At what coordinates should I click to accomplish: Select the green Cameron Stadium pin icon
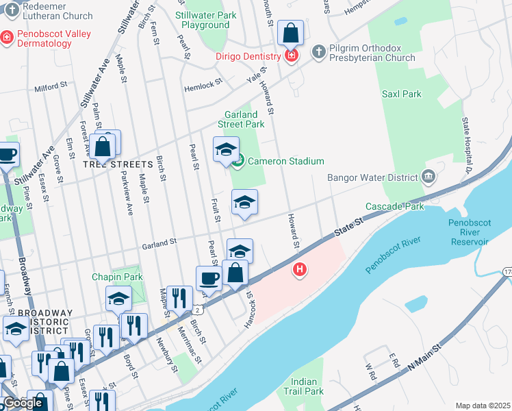tap(238, 162)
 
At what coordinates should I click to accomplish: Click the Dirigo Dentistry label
tap(248, 56)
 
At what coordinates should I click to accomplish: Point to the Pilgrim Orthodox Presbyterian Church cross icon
tap(318, 51)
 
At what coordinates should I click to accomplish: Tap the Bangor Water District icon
tap(428, 177)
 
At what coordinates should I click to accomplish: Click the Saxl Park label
tap(402, 94)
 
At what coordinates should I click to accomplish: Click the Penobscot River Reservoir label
tap(469, 232)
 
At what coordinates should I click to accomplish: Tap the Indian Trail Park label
tap(304, 386)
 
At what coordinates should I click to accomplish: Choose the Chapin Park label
tap(118, 277)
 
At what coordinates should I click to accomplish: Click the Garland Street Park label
tap(241, 119)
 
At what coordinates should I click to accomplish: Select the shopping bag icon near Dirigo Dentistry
tap(290, 33)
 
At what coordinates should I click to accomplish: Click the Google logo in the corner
tap(23, 403)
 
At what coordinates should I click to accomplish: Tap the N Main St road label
tap(422, 358)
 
